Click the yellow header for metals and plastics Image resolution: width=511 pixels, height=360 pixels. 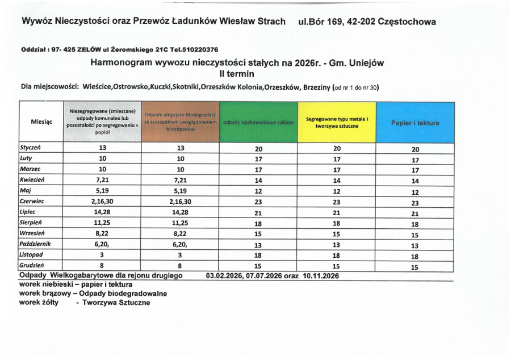tap(337, 122)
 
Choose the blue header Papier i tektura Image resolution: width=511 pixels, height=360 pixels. tap(414, 122)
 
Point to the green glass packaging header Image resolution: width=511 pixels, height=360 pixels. tap(258, 122)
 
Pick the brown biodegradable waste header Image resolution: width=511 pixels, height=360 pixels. tap(180, 122)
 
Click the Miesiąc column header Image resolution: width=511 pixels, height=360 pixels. tap(41, 122)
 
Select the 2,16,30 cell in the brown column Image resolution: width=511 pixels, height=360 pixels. tap(180, 201)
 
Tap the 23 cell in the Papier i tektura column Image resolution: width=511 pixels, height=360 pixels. tap(414, 201)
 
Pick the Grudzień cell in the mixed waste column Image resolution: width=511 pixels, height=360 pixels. tap(102, 265)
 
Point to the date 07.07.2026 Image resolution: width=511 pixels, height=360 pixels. tap(266, 276)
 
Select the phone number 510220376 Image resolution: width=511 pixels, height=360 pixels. tap(201, 49)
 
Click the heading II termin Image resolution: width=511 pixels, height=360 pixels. tap(237, 73)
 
